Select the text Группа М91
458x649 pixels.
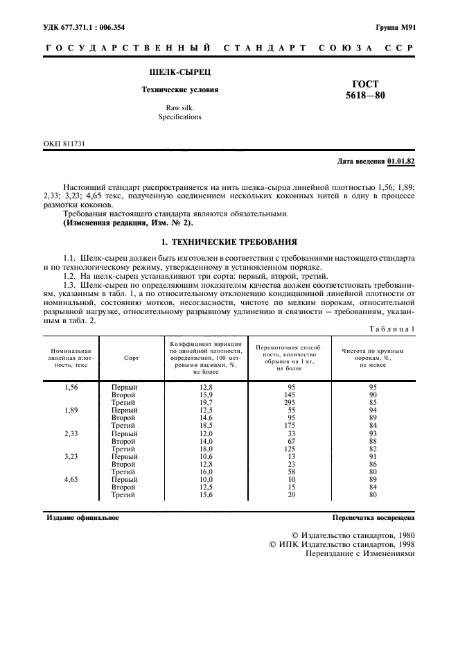click(395, 28)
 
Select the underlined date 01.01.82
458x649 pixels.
click(400, 162)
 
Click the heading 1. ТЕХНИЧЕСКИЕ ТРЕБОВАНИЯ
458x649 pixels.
click(229, 243)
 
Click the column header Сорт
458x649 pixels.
click(132, 358)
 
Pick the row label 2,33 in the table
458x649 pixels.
click(72, 433)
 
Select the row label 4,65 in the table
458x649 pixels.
click(72, 479)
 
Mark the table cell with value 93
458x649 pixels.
click(372, 433)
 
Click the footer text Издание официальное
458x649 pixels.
click(82, 517)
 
